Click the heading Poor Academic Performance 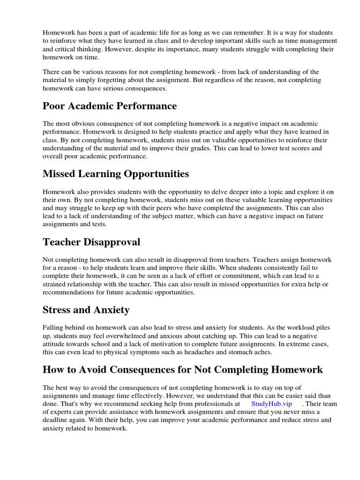(x=110, y=106)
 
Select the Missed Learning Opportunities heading (x=116, y=174)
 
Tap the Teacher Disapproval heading (x=91, y=242)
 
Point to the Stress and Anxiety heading (x=86, y=310)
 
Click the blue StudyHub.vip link (x=271, y=404)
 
